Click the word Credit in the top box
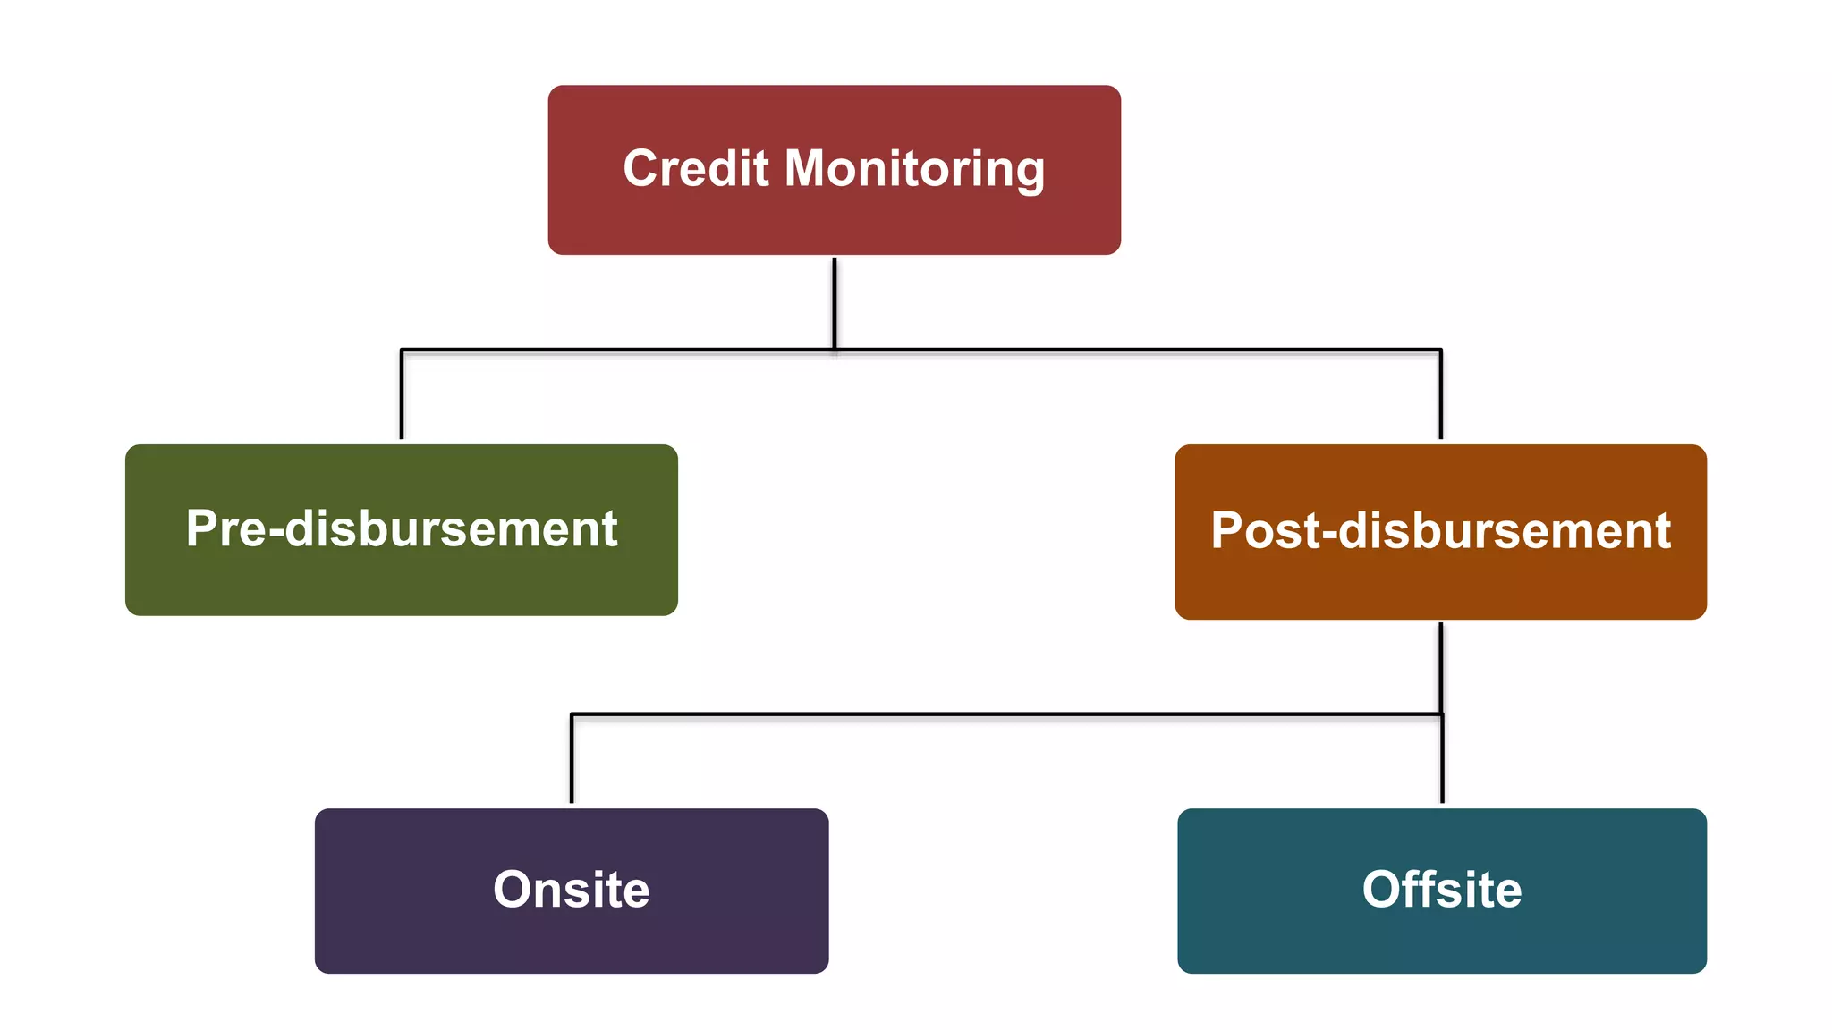[x=695, y=168]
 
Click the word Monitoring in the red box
[x=914, y=170]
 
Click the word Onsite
[x=571, y=890]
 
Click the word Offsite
[x=1441, y=890]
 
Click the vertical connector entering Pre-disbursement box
[x=402, y=398]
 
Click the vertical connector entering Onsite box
[x=572, y=760]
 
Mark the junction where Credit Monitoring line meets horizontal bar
[x=835, y=350]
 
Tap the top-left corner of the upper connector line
[x=402, y=350]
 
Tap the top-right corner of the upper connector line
[x=1440, y=350]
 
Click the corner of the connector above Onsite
[x=572, y=714]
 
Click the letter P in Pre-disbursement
[x=202, y=528]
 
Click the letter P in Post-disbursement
[x=1227, y=530]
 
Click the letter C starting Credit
[x=641, y=168]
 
